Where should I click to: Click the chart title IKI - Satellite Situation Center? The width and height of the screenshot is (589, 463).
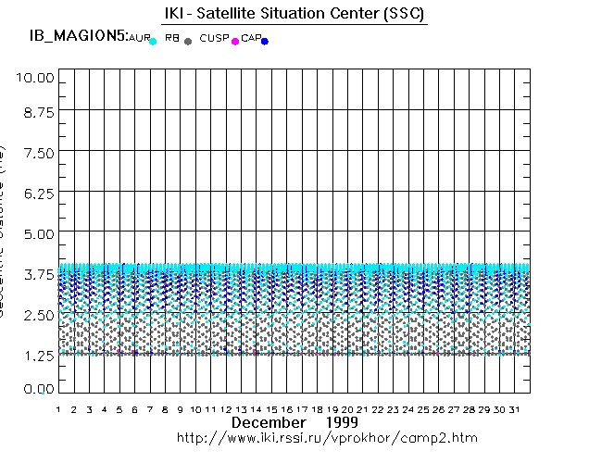tap(287, 15)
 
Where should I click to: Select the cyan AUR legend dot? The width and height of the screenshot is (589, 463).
tap(153, 42)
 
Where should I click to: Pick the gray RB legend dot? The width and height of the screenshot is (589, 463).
tap(188, 42)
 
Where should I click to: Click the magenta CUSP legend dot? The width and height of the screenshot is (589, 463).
tap(235, 42)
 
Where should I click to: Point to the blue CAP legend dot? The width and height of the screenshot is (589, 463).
tap(265, 42)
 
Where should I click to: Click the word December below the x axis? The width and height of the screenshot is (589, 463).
tap(268, 422)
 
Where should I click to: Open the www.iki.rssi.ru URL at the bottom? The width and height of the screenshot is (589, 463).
tap(327, 437)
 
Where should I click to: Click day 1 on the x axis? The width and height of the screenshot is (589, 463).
tap(58, 408)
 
